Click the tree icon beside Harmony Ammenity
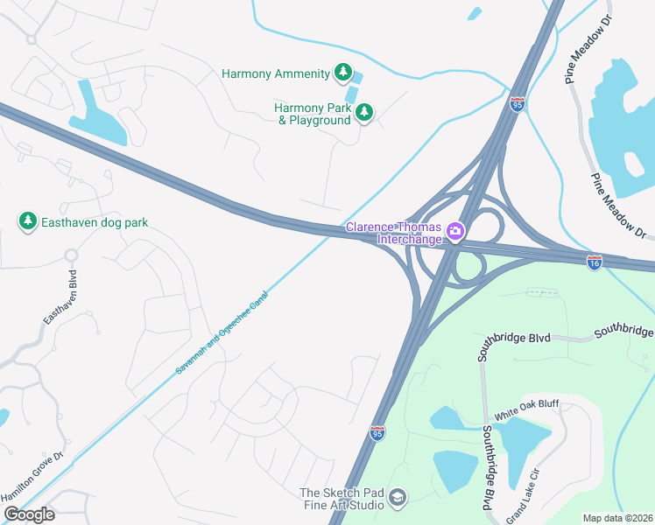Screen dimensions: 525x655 (344, 73)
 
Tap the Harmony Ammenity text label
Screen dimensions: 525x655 (275, 73)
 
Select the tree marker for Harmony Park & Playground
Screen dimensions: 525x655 (364, 112)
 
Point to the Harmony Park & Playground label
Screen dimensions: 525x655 (313, 114)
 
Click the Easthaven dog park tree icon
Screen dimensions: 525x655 (28, 222)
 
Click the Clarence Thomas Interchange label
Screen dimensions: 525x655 (396, 232)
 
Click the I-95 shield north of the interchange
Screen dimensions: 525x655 (518, 103)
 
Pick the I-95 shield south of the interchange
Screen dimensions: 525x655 (377, 433)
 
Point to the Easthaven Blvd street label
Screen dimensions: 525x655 (59, 297)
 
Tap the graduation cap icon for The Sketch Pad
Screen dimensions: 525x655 (397, 498)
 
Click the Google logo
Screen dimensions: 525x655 (28, 514)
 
